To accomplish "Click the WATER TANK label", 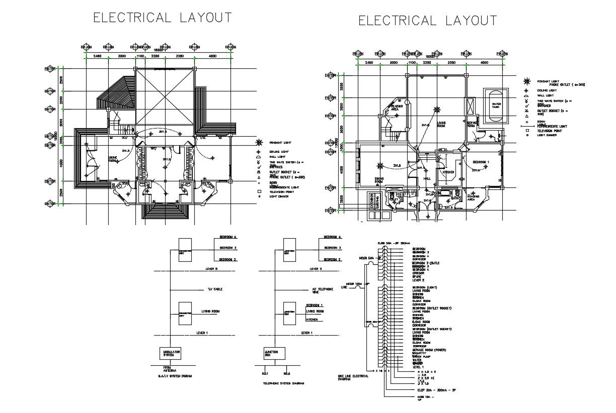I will [x=496, y=106].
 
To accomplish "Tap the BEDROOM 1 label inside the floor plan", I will [x=481, y=162].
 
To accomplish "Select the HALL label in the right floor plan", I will [x=427, y=178].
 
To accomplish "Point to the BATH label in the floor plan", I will [x=454, y=198].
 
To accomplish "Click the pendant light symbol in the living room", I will [x=437, y=109].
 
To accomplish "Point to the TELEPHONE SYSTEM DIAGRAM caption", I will [x=284, y=383].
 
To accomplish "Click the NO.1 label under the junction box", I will [x=265, y=374].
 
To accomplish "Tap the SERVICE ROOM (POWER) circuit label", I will [x=429, y=350].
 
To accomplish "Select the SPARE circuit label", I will [x=417, y=276].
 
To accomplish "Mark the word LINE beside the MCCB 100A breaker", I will [x=344, y=287].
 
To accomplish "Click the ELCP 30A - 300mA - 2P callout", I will [x=432, y=390].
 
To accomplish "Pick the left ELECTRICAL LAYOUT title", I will [x=163, y=18].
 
